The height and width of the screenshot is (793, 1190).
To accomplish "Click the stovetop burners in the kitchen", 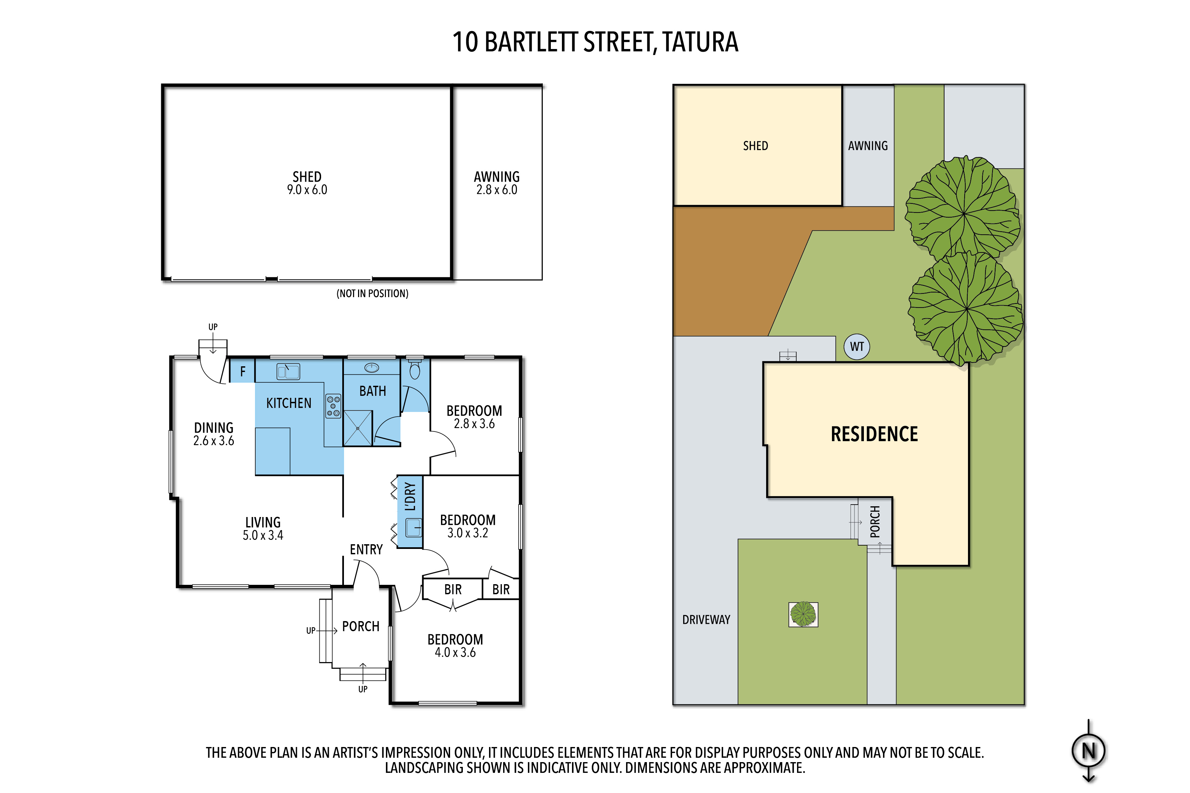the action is pos(333,406).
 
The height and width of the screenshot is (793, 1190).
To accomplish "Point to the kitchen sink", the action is pos(289,372).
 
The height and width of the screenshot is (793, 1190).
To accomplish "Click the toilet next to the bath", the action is pos(415,369).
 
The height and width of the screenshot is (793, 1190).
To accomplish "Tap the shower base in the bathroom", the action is pos(358,428).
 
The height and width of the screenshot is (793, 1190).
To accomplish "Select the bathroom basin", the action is pos(372,368).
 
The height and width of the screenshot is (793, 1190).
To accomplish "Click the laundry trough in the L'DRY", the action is pos(414,528).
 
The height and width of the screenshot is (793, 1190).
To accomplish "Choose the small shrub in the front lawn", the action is pos(803,614).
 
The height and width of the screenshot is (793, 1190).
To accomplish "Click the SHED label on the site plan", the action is pos(755,146).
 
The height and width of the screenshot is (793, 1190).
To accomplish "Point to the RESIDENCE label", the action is pos(874,434).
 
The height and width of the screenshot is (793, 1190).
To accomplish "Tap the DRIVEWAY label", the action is pos(706,619).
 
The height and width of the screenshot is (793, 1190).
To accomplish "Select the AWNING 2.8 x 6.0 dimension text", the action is pos(497,190).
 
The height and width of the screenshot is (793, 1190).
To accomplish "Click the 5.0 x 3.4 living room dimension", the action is pos(263,535).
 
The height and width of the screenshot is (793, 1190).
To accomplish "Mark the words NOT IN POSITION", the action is pos(372,293).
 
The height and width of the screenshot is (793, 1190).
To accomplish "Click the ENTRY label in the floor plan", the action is pos(366,550).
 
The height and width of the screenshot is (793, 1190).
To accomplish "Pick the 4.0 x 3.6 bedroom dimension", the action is pos(455,652).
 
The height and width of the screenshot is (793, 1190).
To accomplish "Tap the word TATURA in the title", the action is pos(700,42).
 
